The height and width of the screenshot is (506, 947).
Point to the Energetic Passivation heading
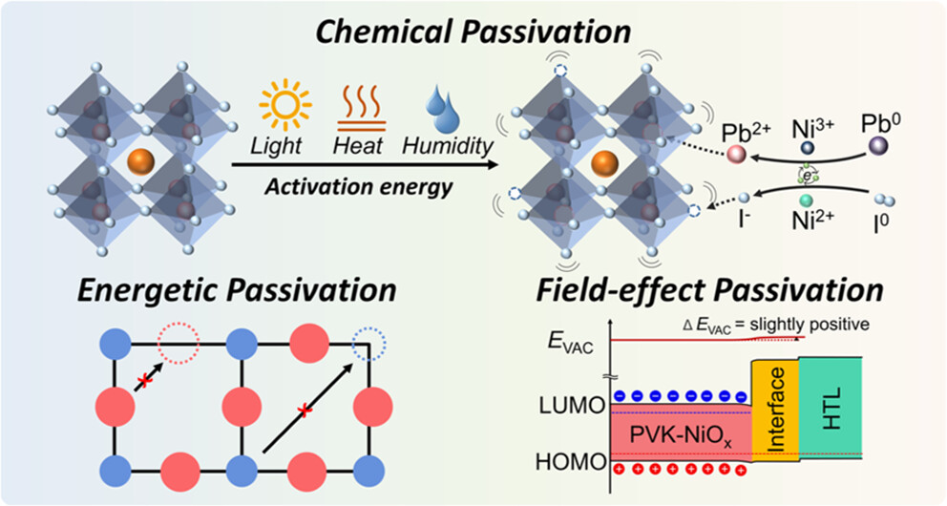coord(239,290)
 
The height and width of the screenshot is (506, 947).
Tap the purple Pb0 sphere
coord(876,146)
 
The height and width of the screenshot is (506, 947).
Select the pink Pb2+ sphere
coord(735,154)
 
